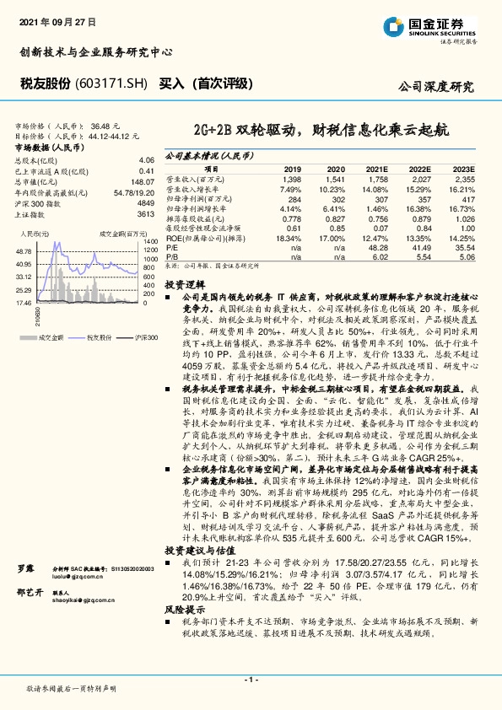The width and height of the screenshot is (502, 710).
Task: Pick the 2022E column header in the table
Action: tap(420, 169)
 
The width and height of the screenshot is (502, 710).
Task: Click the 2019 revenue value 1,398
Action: tap(292, 180)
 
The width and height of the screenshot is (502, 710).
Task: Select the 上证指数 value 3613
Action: tap(145, 214)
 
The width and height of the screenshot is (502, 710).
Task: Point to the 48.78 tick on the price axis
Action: tap(24, 251)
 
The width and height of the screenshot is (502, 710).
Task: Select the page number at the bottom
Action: tap(251, 679)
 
